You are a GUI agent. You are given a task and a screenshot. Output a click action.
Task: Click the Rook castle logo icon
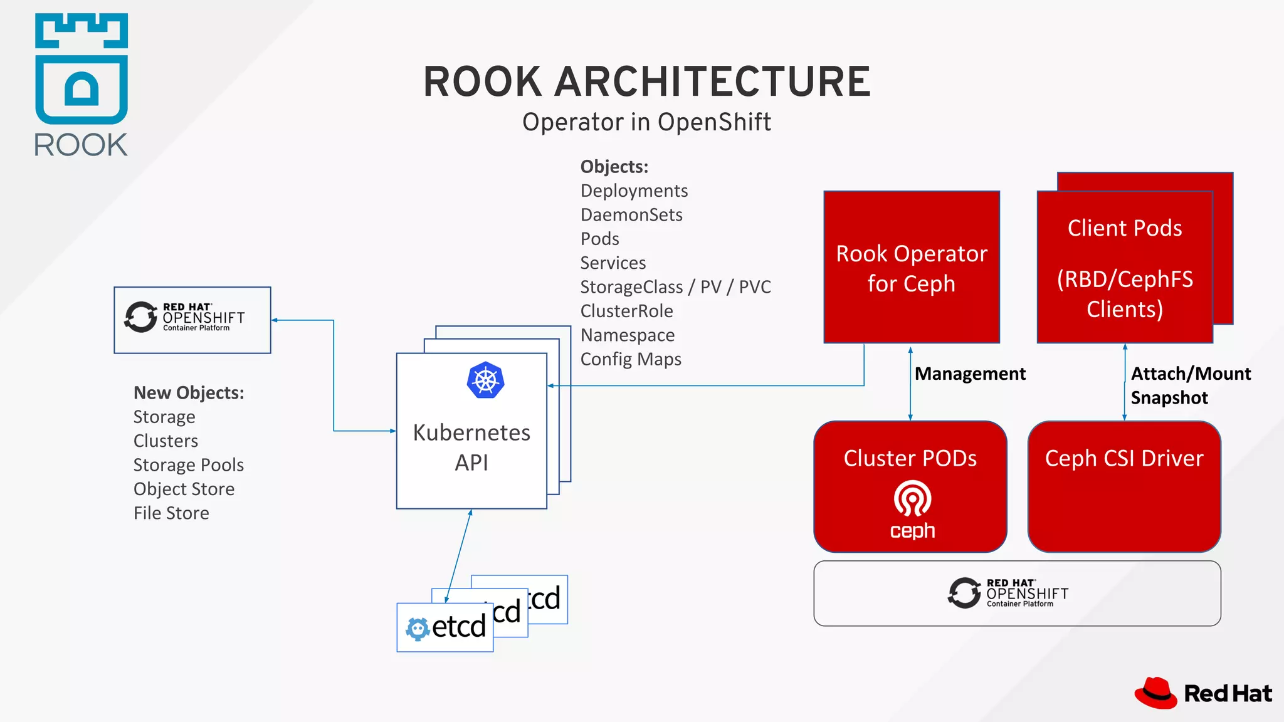coord(82,69)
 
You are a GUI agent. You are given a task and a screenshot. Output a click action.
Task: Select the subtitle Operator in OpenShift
coord(646,122)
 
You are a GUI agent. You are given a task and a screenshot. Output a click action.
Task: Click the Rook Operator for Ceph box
coord(911,268)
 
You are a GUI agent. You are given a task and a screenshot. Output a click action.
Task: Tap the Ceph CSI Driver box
coord(1123,486)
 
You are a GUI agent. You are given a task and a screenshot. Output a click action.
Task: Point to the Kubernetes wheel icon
coord(485,380)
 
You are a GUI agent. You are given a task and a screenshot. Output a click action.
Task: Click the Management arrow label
coord(970,374)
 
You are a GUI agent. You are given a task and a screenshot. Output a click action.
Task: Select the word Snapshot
coord(1169,398)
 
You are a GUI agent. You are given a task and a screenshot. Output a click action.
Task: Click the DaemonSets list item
coord(631,215)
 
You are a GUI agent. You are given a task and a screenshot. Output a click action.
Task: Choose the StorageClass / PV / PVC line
coord(675,287)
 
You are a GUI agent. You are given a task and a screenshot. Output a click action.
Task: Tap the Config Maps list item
coord(630,359)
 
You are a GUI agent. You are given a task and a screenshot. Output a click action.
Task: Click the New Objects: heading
coord(189,393)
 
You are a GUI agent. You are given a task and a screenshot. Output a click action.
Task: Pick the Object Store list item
coord(184,489)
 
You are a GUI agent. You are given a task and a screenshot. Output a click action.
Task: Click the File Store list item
coord(171,513)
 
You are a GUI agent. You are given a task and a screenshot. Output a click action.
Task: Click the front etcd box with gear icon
coord(445,627)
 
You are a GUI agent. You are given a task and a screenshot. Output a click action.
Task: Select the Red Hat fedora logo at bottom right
coord(1155,693)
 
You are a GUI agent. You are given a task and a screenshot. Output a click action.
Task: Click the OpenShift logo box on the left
coord(192,320)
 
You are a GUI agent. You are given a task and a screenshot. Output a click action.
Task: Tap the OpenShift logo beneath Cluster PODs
coord(1008,593)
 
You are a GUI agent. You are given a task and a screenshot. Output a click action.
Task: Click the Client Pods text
coord(1124,228)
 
